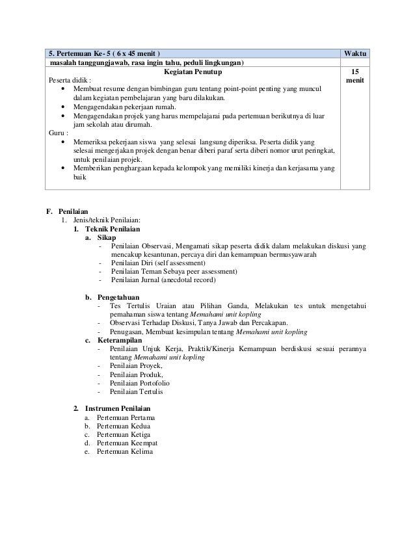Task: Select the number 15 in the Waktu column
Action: pos(354,73)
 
